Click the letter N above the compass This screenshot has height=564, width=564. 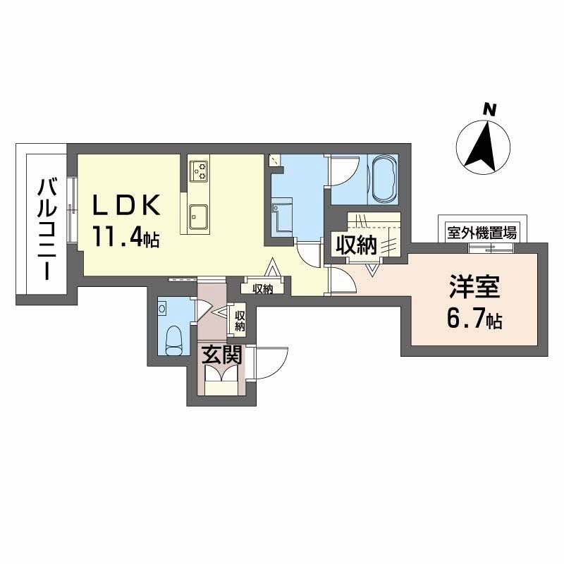coord(487,110)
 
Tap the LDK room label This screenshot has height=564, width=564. coord(129,206)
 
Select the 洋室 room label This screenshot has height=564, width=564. coord(475,290)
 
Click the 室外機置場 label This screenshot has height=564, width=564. coord(482,231)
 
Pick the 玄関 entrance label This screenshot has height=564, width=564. coord(222,355)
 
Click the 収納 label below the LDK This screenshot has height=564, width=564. coord(263,288)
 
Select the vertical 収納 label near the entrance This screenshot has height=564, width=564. coord(240,320)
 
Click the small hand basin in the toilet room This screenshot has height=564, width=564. coord(162,309)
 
